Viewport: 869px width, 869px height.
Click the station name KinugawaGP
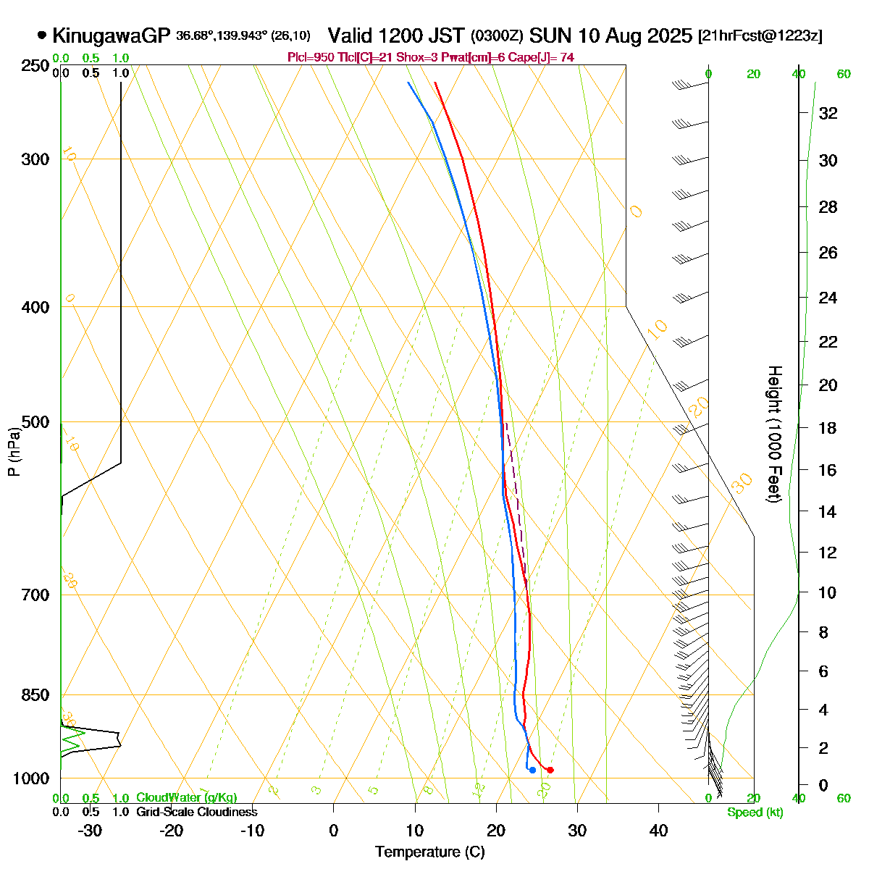(x=110, y=35)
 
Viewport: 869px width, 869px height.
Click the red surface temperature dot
(x=550, y=770)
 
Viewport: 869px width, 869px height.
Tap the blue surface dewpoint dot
(x=532, y=770)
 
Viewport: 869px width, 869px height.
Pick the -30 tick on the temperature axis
(x=90, y=830)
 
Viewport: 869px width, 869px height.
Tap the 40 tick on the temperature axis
(x=658, y=830)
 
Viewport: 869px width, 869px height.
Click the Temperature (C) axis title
(x=430, y=852)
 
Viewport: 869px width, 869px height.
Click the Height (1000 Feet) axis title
(x=774, y=434)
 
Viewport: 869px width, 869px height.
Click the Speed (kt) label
(x=755, y=813)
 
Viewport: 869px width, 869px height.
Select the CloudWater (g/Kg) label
(x=186, y=797)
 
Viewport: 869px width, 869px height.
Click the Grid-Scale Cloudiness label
(x=196, y=812)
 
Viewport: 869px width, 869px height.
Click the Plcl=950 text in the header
(x=307, y=57)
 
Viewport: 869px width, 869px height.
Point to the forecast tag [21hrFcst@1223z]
(x=760, y=36)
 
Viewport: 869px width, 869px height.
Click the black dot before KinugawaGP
(x=42, y=35)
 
